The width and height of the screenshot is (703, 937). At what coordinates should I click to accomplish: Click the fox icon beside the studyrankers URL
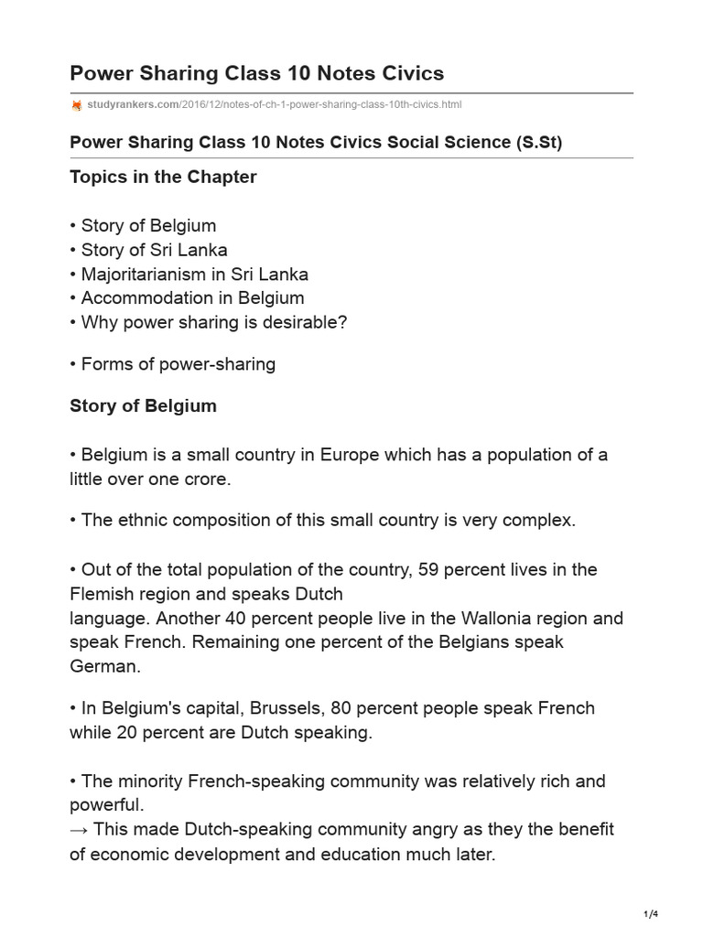(x=76, y=105)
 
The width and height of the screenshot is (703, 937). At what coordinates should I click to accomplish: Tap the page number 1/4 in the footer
(x=651, y=914)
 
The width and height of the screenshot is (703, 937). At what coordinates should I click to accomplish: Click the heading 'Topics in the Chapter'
(x=163, y=177)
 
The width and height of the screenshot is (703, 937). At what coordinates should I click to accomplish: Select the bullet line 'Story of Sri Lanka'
(x=149, y=250)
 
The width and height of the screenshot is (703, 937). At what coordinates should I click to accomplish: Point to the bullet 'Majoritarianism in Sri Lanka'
(x=189, y=274)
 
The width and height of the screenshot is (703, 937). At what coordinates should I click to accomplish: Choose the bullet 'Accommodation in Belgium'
(x=188, y=297)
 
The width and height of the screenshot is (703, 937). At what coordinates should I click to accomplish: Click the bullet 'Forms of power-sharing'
(x=173, y=364)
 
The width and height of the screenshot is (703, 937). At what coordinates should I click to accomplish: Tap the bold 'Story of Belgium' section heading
(x=143, y=404)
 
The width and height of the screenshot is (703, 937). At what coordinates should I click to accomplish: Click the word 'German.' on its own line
(x=105, y=666)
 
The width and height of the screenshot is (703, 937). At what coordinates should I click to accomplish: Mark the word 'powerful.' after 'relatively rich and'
(x=106, y=805)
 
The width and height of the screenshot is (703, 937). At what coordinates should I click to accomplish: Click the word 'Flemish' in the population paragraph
(x=100, y=593)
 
